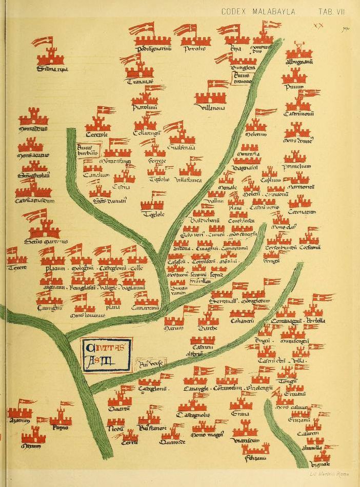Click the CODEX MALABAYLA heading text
point(258,11)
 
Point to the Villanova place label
point(210,107)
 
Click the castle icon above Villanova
point(210,94)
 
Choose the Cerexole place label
point(97,134)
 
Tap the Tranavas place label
point(138,80)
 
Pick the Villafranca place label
point(188,181)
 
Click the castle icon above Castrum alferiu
point(203,340)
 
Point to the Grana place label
point(240,414)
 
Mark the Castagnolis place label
point(193,414)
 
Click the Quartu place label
point(119,409)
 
